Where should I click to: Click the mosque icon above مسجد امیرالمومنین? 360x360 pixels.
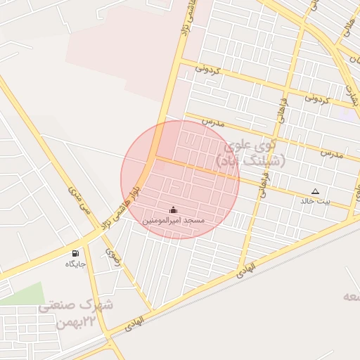point(174,210)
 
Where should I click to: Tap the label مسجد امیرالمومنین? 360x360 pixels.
point(174,221)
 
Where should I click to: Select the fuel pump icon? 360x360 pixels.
point(75,253)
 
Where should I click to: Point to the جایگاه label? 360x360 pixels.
point(75,264)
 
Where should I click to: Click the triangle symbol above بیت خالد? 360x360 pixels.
point(315,191)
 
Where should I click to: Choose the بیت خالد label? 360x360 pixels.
point(315,201)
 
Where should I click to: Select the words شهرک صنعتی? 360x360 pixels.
point(76,306)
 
